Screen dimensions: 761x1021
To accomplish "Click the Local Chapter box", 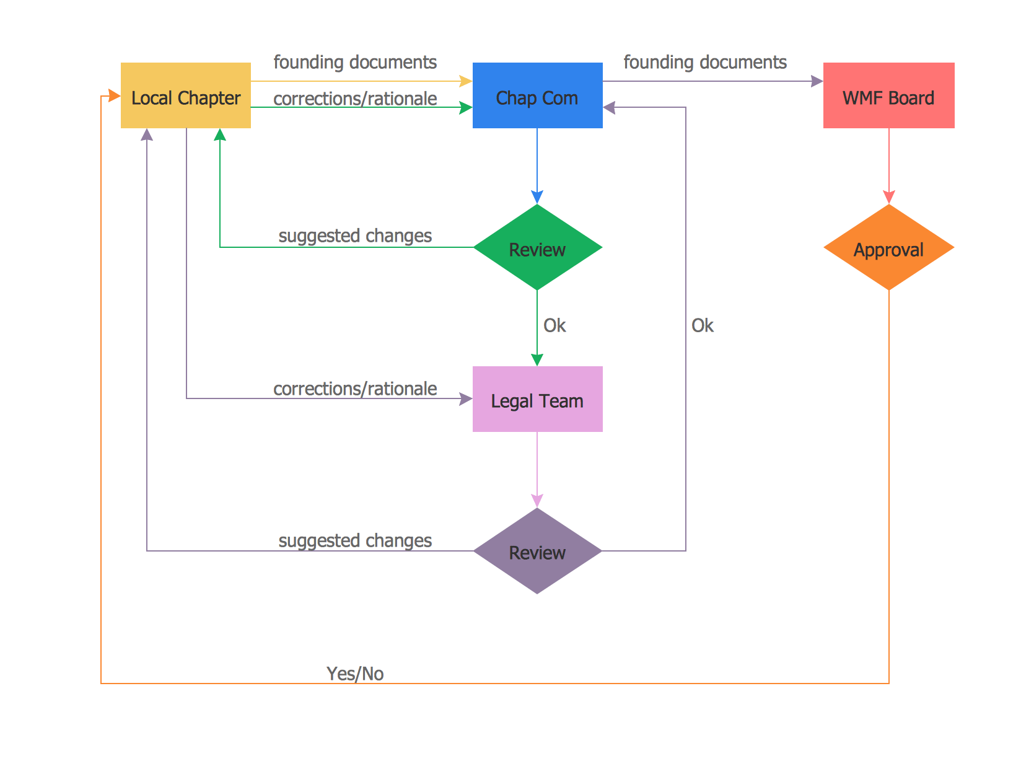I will [185, 95].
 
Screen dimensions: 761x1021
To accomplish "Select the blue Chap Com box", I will [537, 95].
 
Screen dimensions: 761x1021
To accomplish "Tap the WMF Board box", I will [888, 95].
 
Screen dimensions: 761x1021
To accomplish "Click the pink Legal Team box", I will [537, 399].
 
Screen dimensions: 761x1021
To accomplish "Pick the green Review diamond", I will [537, 248].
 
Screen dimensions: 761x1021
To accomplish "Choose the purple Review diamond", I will [537, 551].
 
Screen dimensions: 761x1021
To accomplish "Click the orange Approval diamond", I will [888, 248].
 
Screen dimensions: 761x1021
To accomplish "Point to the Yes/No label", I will [355, 674].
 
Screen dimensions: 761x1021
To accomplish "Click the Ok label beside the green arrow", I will [554, 325].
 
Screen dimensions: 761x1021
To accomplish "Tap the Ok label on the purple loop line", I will [703, 325].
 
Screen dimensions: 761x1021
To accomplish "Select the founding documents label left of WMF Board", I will [705, 62].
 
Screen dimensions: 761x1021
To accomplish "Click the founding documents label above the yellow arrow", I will [355, 62].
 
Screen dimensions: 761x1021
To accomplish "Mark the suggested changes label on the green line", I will [355, 235].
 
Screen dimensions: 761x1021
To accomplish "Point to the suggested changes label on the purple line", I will [355, 540].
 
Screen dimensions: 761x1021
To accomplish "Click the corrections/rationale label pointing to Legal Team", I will [355, 389].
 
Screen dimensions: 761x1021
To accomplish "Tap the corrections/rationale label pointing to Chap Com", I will [355, 99].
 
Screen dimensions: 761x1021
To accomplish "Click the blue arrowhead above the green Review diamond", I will [537, 198].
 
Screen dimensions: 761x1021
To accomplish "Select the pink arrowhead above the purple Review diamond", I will [537, 501].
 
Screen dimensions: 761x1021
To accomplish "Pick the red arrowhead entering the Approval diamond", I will [889, 198].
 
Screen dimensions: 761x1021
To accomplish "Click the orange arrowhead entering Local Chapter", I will [115, 95].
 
